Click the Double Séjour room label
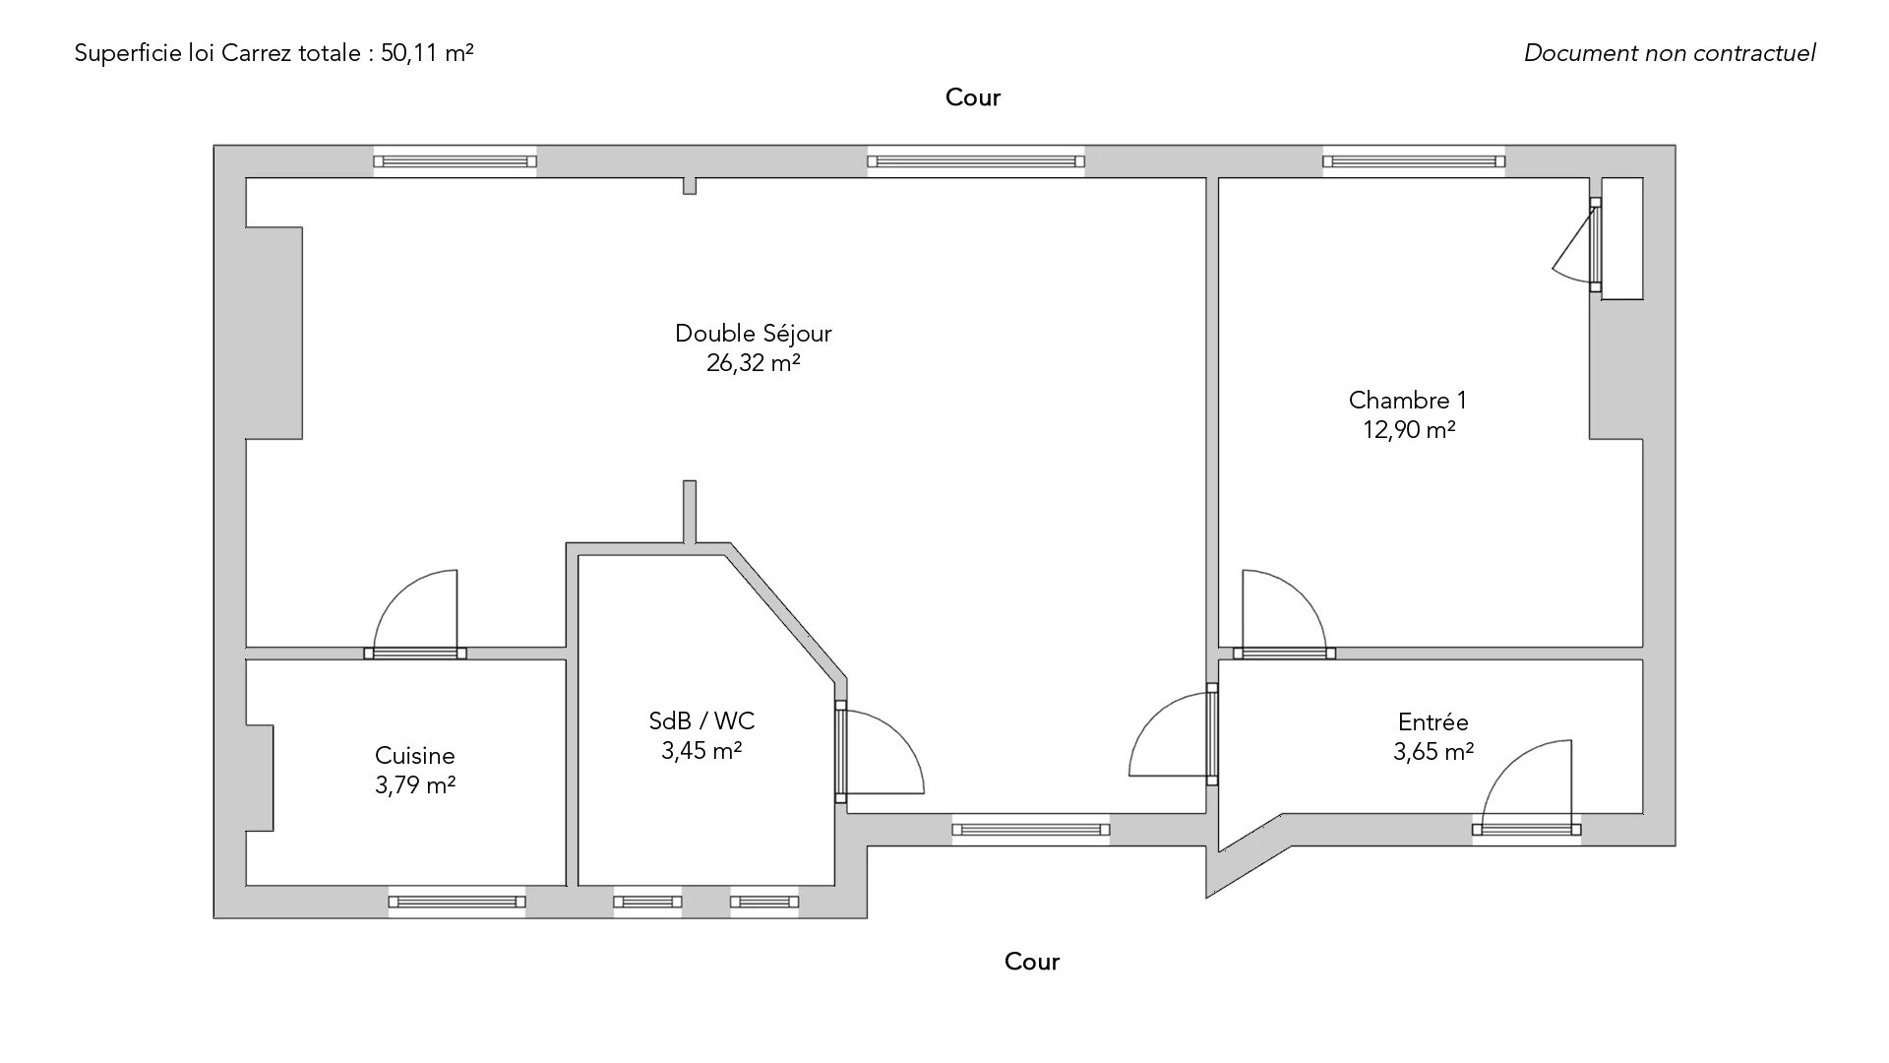point(754,334)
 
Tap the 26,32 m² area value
point(754,363)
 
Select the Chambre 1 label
point(1408,401)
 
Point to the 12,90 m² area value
point(1409,430)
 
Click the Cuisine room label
point(415,756)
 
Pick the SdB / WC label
point(701,721)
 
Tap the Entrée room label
point(1433,721)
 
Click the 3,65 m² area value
point(1433,752)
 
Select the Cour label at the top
point(973,97)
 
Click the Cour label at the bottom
point(1032,962)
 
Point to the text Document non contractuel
point(1670,53)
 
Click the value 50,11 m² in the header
point(427,53)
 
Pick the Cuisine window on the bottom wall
point(457,902)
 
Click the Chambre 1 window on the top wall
point(1414,161)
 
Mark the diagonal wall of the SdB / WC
point(785,612)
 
